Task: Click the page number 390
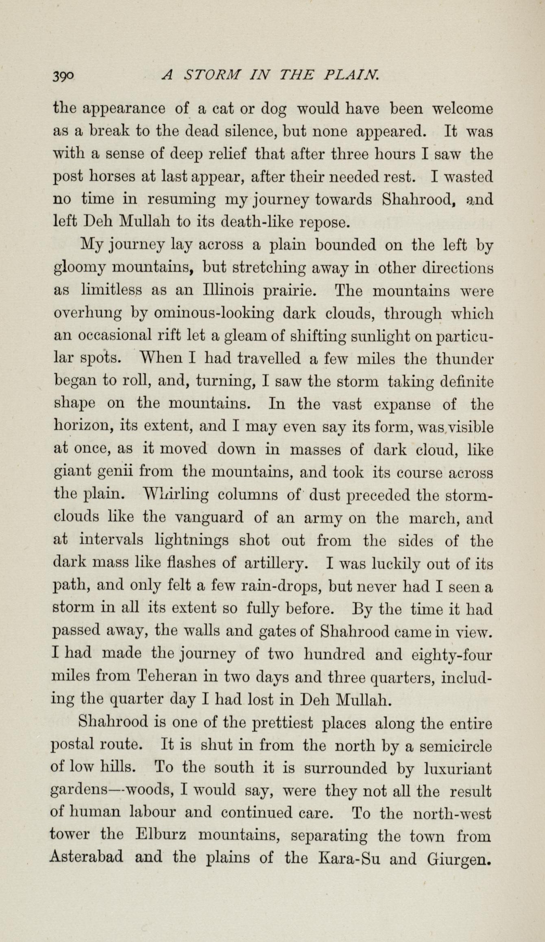point(63,76)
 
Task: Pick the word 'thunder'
point(464,359)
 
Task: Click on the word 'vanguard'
point(209,518)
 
